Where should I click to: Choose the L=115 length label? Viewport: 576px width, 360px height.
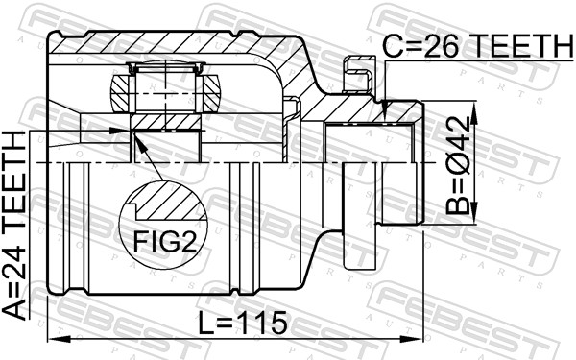[242, 324]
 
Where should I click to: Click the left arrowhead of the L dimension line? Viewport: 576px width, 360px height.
[53, 338]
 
